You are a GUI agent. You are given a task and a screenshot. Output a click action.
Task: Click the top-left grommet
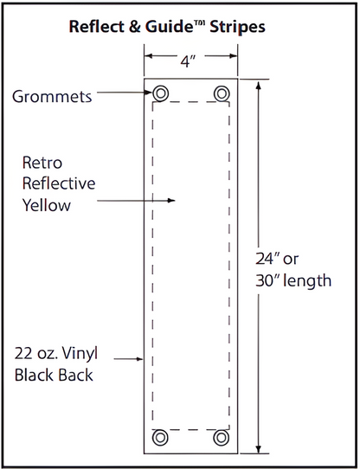(160, 93)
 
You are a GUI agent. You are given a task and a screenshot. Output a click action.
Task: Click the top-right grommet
(222, 93)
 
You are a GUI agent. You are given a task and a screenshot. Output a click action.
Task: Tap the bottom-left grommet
(160, 438)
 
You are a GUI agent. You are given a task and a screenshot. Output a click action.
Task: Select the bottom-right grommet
(222, 438)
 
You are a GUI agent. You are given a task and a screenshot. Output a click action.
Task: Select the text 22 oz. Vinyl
(55, 353)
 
